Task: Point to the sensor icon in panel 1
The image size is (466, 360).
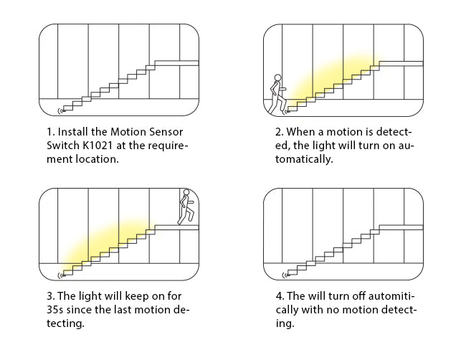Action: [59, 110]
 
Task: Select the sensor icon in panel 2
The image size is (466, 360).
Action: [285, 110]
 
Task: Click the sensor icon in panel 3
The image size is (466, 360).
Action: [59, 274]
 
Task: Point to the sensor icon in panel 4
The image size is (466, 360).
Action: [285, 274]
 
